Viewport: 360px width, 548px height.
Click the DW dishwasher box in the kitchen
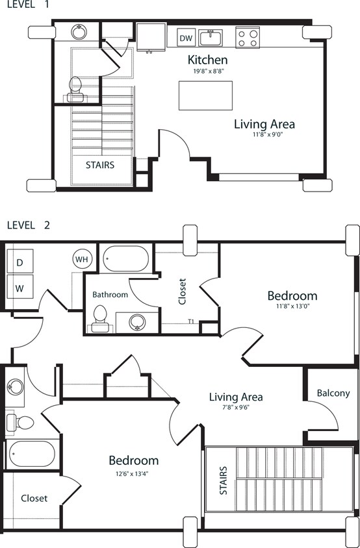(186, 38)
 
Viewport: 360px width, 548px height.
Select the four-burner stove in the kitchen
(247, 38)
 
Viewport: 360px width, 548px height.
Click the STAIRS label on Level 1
(99, 165)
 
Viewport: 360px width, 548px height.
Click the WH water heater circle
(83, 259)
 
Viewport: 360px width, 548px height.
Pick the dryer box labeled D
(19, 262)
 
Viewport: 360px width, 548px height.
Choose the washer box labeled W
(19, 286)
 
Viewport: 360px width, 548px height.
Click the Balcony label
(333, 393)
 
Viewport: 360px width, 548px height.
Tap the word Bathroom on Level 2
(110, 294)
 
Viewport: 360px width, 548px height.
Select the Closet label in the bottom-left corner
(34, 498)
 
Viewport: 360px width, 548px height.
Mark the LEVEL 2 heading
(28, 225)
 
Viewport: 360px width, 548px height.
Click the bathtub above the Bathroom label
(126, 258)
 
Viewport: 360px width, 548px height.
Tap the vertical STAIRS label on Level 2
(224, 480)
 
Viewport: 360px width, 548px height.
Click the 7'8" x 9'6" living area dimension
(236, 408)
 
